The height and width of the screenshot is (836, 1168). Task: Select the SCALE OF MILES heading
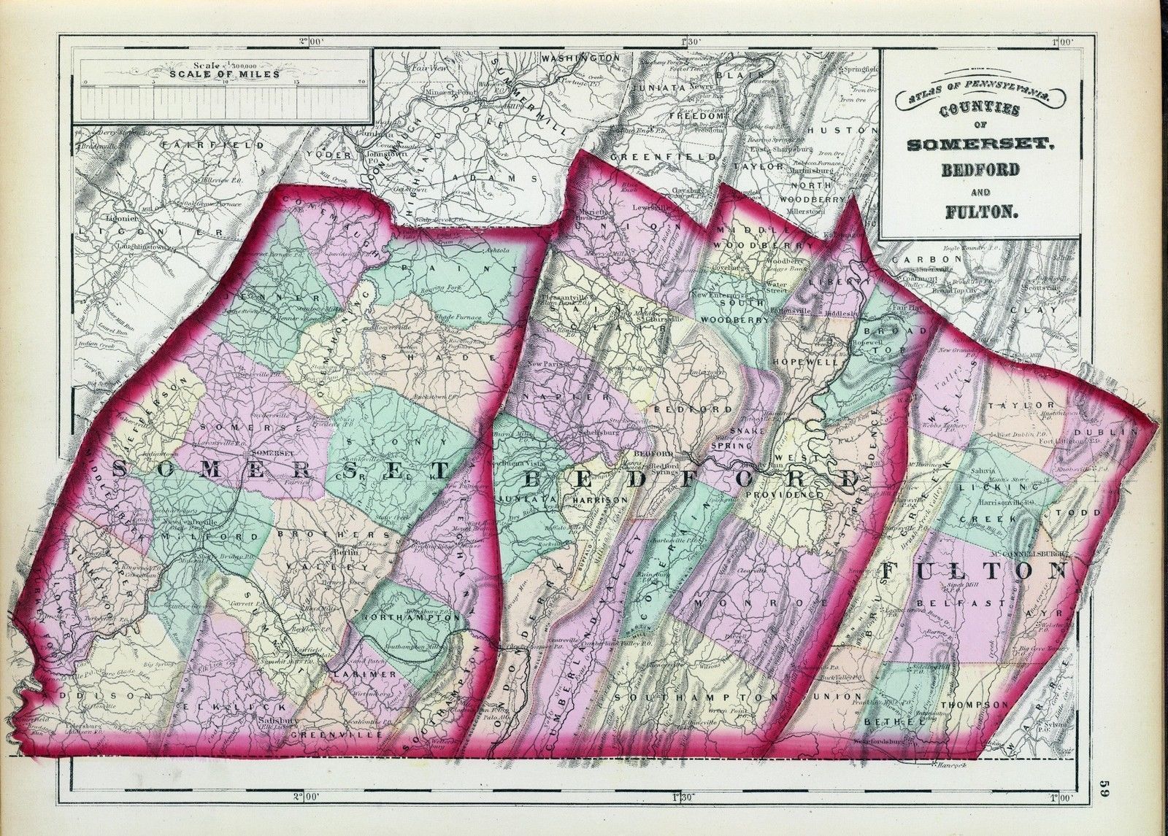pyautogui.click(x=223, y=73)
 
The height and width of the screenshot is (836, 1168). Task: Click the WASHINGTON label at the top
pyautogui.click(x=580, y=58)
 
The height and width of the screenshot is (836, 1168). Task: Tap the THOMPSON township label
pyautogui.click(x=974, y=705)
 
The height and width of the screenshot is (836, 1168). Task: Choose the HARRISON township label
pyautogui.click(x=601, y=500)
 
